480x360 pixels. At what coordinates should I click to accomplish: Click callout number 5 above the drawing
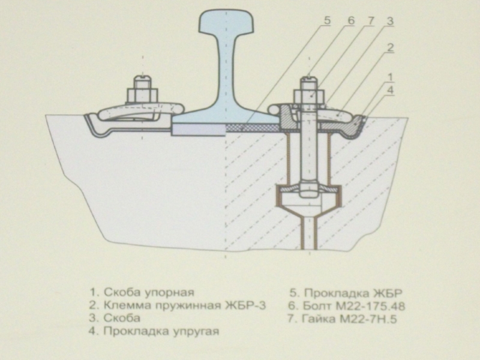click(x=328, y=20)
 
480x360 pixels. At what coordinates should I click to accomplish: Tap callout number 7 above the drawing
click(x=370, y=20)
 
